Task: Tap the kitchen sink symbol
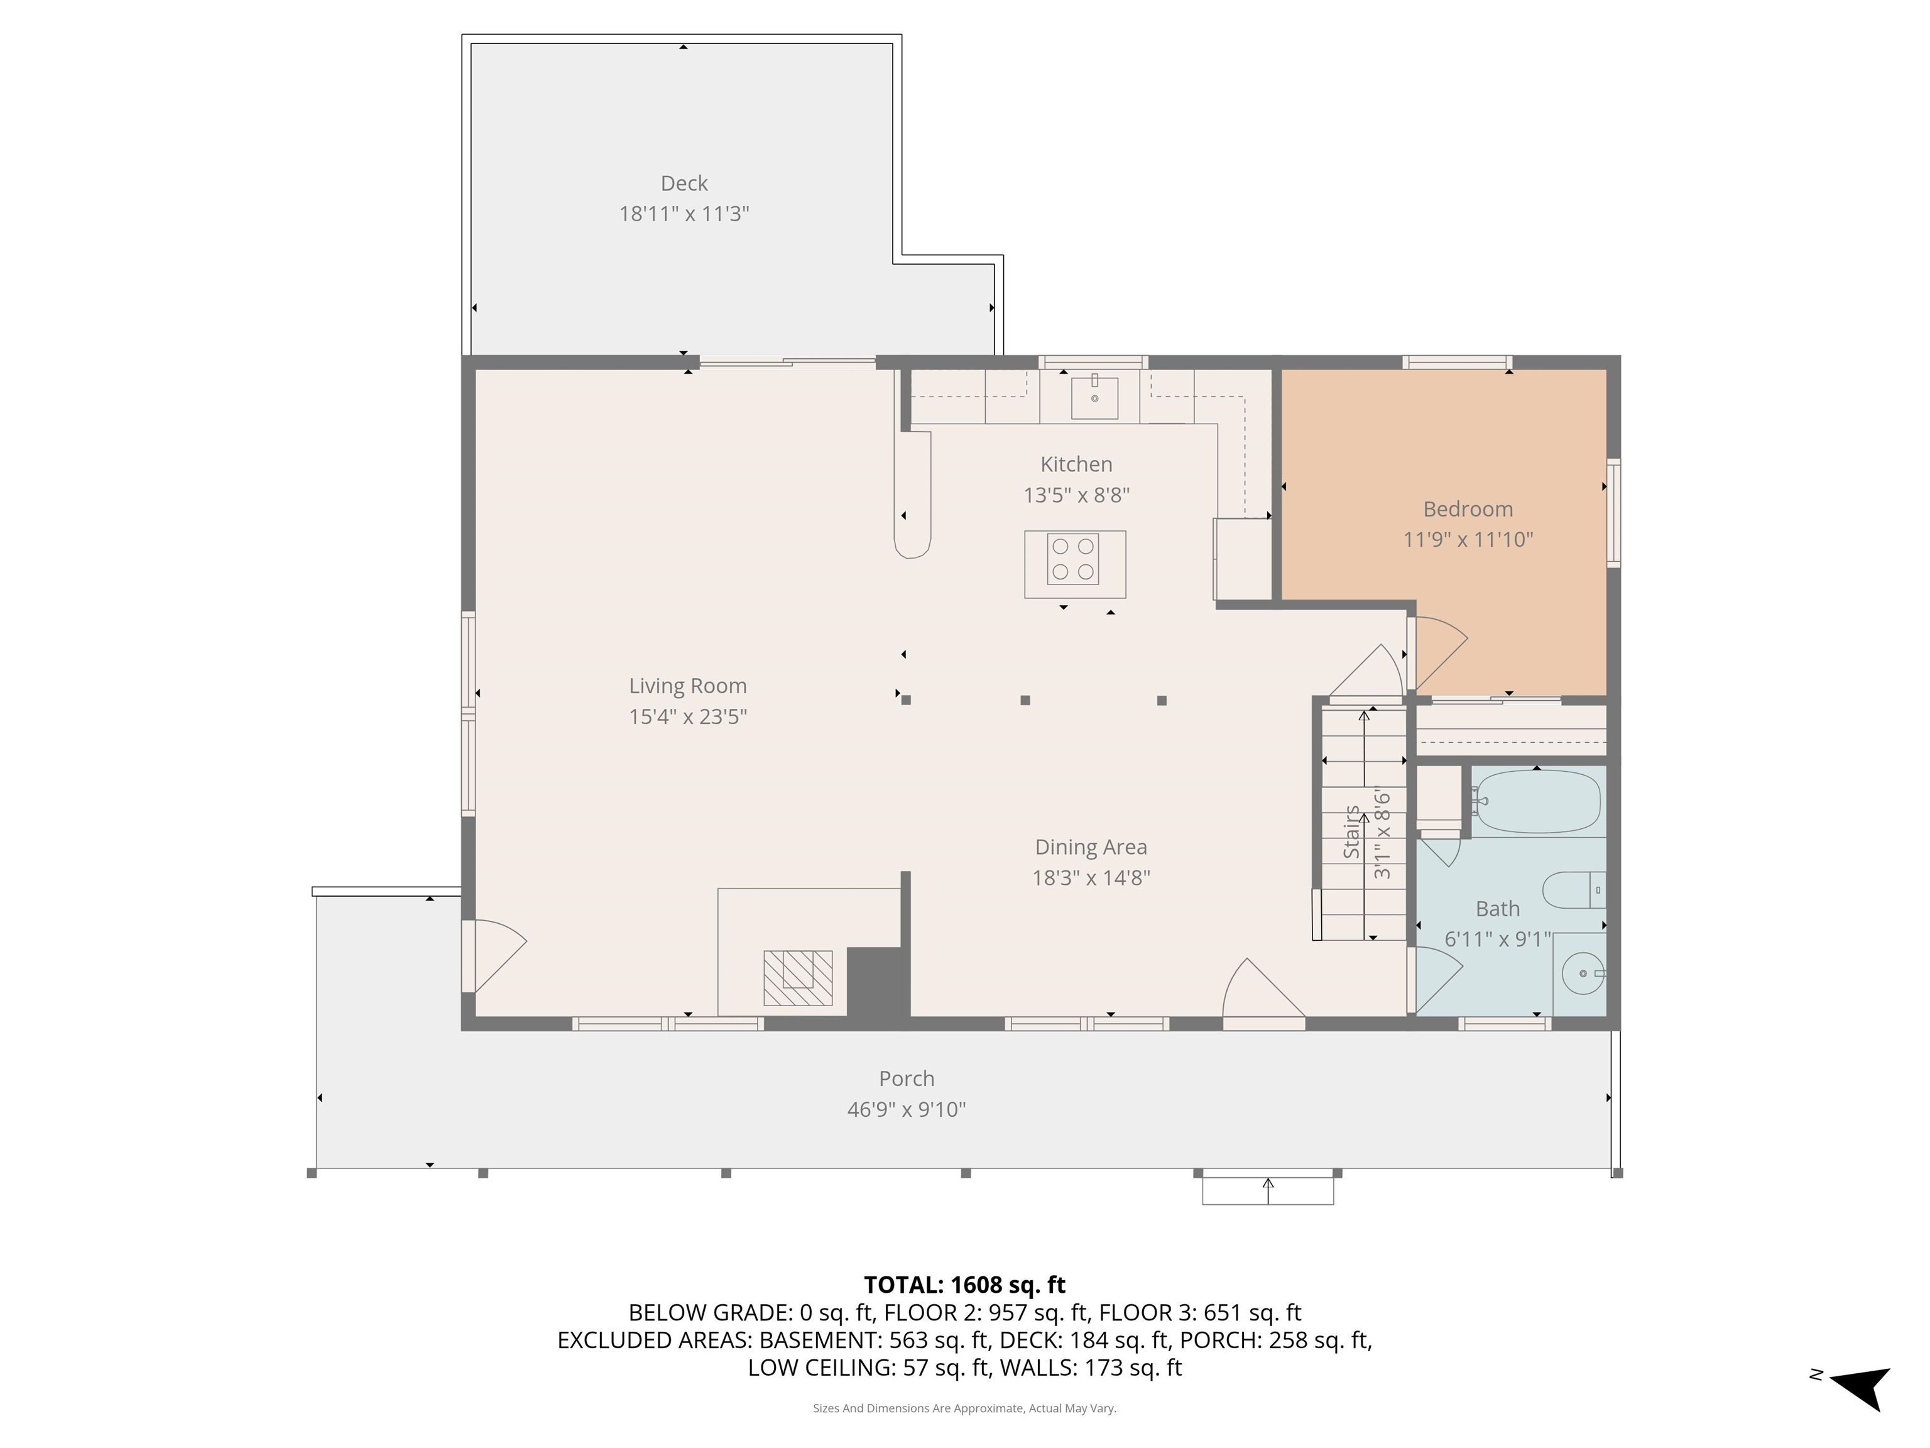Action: pos(1094,398)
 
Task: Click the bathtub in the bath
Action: pos(1537,801)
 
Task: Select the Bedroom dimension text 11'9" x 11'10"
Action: pos(1468,539)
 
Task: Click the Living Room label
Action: pos(687,686)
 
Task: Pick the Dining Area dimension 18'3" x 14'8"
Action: pos(1091,877)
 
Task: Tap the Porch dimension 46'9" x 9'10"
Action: pos(906,1109)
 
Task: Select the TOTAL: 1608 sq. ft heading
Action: pos(964,1285)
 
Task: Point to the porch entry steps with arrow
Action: pos(1267,1190)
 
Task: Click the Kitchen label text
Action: pos(1076,464)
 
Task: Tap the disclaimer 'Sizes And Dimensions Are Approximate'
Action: pos(964,1408)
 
